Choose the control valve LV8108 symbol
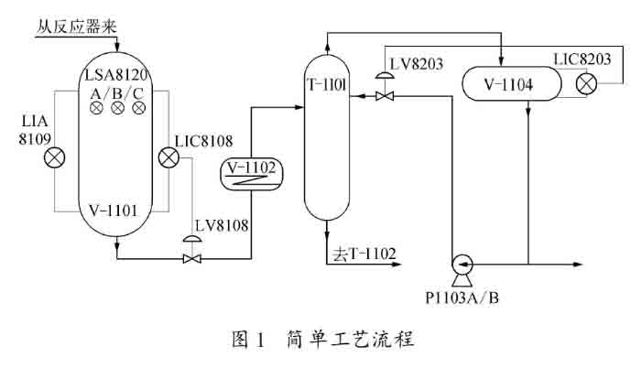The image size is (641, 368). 192,258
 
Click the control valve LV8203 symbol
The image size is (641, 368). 386,95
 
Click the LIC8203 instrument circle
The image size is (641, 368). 584,86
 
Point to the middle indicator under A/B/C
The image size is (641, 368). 118,109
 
